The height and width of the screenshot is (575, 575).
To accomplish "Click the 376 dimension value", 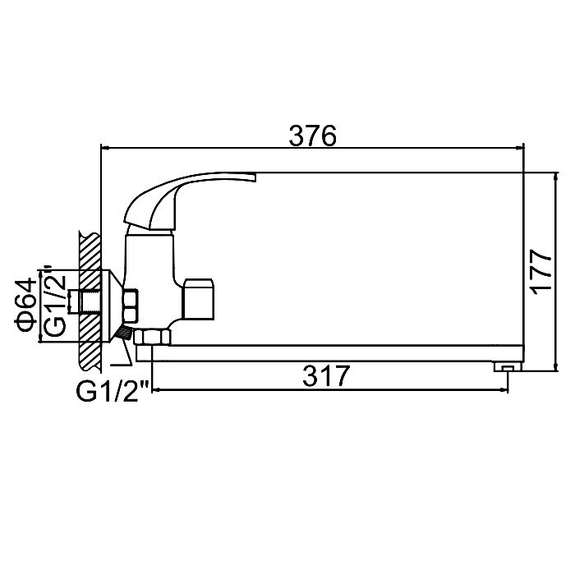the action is [312, 136].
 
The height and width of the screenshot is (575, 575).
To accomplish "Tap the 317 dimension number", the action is [326, 376].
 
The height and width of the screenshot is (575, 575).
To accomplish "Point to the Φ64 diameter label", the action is [25, 305].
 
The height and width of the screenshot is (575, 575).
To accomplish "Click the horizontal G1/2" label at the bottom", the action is [113, 392].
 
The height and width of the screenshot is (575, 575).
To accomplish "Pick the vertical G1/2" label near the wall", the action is [54, 301].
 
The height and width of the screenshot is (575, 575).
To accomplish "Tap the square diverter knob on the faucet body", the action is [198, 299].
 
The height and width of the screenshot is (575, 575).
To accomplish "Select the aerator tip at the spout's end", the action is [508, 366].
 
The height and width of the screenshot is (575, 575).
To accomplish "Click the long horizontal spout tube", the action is [330, 353].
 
